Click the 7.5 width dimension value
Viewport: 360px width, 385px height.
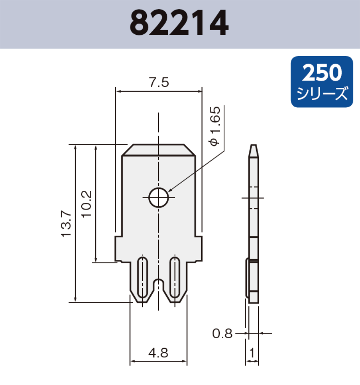click(159, 83)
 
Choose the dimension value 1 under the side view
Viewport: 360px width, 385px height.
click(252, 353)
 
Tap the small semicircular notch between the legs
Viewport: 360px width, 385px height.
click(159, 283)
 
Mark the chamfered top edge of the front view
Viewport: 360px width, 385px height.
click(159, 150)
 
